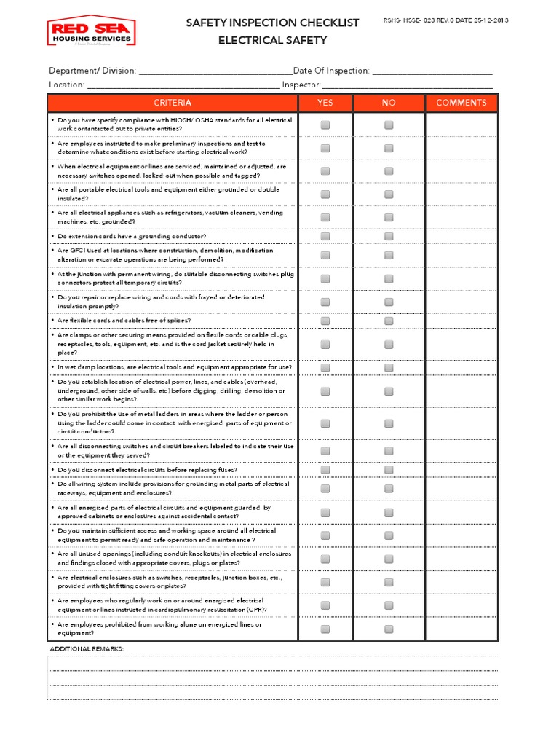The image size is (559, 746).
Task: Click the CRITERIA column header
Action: [173, 103]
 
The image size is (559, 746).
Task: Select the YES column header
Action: [325, 103]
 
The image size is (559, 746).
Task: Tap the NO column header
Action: [389, 103]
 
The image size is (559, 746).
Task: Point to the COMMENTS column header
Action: [461, 103]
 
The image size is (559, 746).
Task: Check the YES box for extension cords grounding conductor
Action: [325, 236]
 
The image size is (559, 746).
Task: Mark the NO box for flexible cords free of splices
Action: [389, 320]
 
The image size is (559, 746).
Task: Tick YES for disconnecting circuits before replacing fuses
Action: [325, 470]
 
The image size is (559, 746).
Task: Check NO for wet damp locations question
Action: [389, 367]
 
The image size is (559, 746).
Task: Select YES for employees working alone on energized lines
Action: [325, 629]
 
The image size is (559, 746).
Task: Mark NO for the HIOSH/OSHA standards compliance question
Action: [389, 125]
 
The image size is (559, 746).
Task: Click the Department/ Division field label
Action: [92, 71]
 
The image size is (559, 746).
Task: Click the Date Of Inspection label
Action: [332, 71]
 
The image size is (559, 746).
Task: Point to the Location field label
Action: [67, 85]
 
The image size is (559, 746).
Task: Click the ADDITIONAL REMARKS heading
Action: [87, 648]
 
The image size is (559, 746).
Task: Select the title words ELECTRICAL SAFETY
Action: [272, 41]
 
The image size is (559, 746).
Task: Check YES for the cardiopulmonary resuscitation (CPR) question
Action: [325, 605]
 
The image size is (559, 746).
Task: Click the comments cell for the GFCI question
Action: [461, 255]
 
